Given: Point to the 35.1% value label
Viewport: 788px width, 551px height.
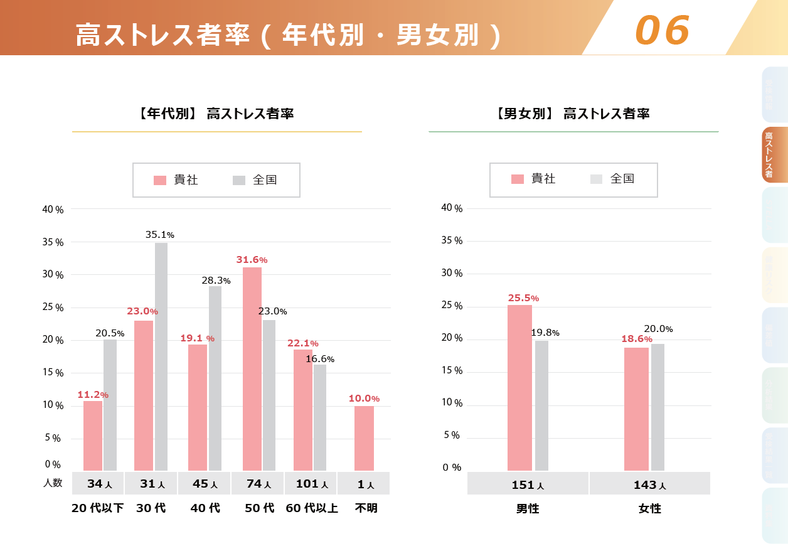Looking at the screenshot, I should click(x=159, y=235).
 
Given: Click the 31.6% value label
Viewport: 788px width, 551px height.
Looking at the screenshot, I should click(x=252, y=260).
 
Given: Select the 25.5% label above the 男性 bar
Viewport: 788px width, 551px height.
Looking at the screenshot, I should click(x=523, y=297).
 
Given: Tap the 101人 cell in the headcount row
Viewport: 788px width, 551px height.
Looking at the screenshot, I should click(x=311, y=484).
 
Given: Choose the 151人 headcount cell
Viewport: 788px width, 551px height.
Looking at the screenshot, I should click(x=528, y=484).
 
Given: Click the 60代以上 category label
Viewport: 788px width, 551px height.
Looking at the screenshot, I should click(x=312, y=508).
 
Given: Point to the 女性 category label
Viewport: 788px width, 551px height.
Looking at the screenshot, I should click(x=650, y=509).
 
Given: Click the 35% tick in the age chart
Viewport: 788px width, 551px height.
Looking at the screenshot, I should click(x=53, y=242).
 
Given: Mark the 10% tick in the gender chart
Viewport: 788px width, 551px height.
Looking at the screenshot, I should click(x=452, y=403).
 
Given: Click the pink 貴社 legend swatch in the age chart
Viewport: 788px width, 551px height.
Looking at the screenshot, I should click(x=160, y=181).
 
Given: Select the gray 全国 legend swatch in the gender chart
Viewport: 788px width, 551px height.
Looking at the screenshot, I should click(x=596, y=179).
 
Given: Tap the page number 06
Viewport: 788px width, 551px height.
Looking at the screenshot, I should click(x=663, y=30).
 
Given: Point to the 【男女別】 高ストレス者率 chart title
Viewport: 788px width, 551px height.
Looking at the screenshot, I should click(x=573, y=114).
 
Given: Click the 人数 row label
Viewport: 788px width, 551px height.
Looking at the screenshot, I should click(x=53, y=483).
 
